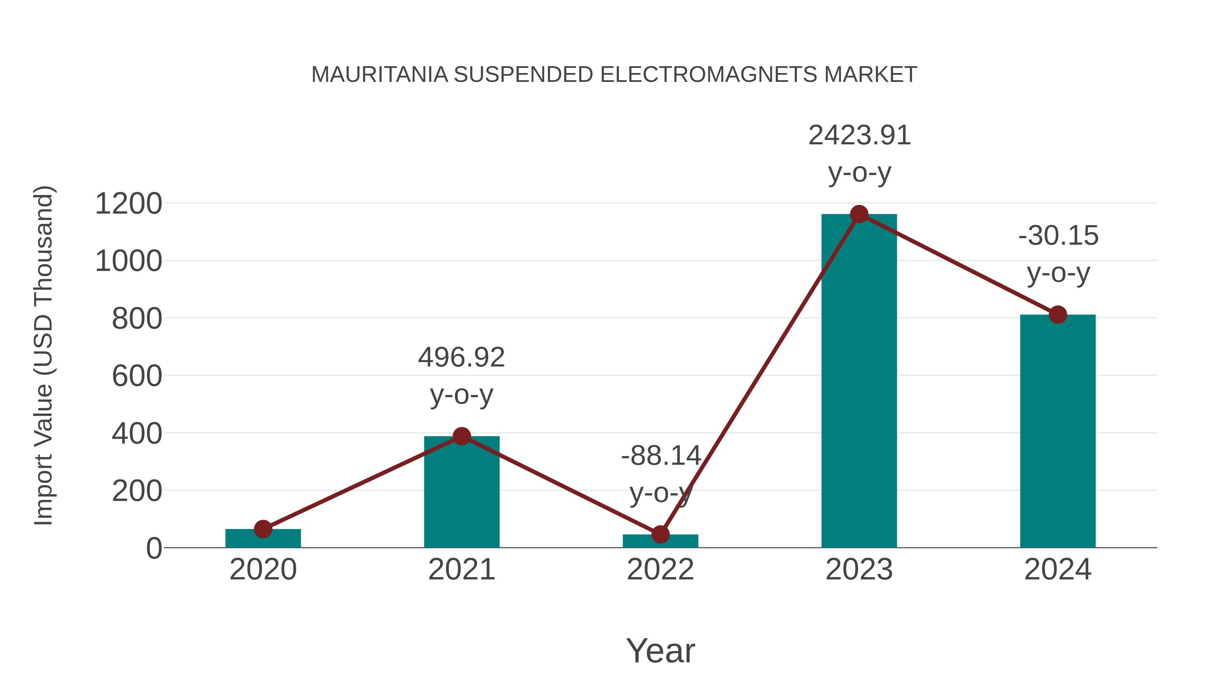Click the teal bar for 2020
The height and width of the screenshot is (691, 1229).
click(263, 539)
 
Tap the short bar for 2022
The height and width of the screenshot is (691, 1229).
click(660, 542)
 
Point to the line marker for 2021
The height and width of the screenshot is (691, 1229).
click(461, 436)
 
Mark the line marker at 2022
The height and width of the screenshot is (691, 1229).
click(660, 535)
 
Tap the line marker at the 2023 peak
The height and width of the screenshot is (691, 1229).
click(859, 214)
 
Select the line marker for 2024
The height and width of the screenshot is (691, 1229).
click(1058, 315)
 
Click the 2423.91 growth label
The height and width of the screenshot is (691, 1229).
click(859, 136)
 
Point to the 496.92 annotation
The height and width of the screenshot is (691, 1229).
click(461, 358)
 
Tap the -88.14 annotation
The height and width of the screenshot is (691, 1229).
click(661, 456)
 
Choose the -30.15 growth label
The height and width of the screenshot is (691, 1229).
click(1058, 236)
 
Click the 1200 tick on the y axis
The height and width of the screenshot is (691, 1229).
click(128, 204)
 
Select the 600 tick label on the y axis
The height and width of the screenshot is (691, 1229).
click(137, 376)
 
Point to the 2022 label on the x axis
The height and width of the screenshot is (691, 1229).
click(660, 570)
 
